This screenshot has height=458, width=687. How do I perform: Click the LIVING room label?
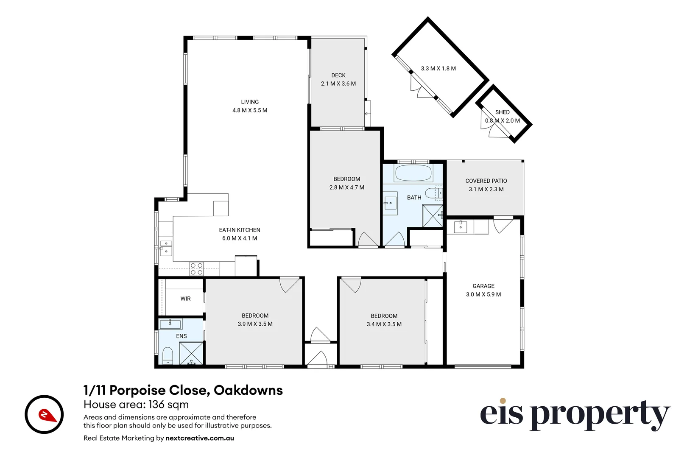pos(249,102)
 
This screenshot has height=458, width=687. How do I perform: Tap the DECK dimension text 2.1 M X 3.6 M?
pos(338,84)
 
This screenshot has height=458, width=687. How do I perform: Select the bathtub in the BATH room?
pos(413,173)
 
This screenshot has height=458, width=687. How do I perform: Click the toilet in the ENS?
pos(168,355)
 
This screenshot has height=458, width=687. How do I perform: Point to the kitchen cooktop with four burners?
pos(196,269)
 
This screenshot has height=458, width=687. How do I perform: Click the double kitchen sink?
pos(166,248)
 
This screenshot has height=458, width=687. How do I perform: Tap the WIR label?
pos(185,299)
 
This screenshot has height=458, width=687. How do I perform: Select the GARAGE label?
pos(483,286)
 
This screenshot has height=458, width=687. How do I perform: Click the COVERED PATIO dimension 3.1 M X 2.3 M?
pos(486,189)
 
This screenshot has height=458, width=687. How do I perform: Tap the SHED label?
pos(502,112)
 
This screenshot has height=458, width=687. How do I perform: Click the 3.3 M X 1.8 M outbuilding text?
pos(438,68)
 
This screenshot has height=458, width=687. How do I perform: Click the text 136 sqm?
pos(168,405)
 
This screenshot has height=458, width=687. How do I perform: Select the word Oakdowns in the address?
pos(248,390)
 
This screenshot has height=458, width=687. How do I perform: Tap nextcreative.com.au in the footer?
pos(200,438)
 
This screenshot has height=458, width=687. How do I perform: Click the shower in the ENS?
pos(192,353)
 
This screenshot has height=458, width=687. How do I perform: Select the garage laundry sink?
pos(461,227)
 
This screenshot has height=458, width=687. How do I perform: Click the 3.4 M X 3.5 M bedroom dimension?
pos(384,324)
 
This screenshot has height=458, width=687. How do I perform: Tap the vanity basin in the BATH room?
pos(390,203)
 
